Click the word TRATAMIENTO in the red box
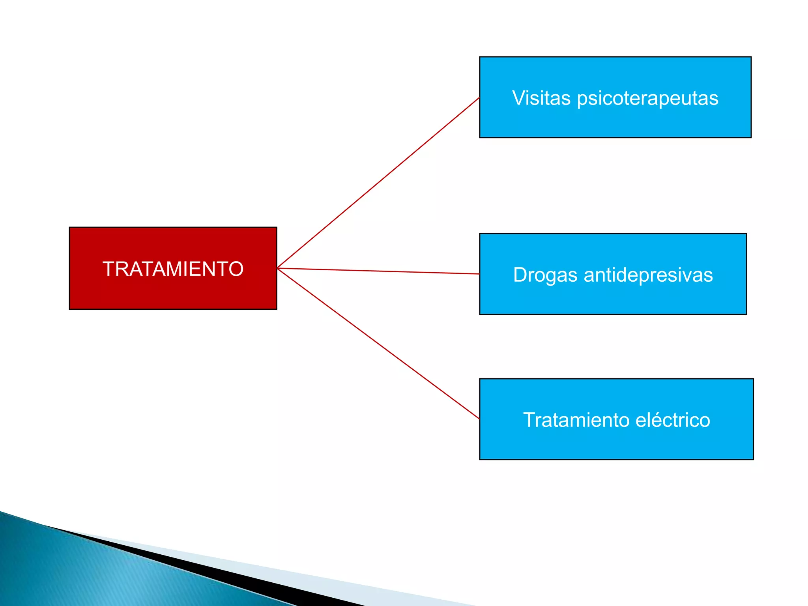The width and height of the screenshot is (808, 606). [x=173, y=269]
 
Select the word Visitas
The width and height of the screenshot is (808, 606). [x=541, y=98]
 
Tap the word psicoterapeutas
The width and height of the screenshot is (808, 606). [x=647, y=99]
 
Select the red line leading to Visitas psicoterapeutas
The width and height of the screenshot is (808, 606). [x=379, y=183]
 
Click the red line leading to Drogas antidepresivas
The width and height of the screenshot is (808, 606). [x=379, y=271]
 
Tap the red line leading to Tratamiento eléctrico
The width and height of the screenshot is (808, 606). [x=379, y=344]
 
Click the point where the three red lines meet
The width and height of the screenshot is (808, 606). [x=278, y=268]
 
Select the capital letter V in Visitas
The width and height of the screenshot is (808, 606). [x=519, y=98]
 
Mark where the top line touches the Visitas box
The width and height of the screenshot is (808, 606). [x=479, y=98]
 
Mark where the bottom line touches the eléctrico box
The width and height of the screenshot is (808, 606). [x=479, y=419]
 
